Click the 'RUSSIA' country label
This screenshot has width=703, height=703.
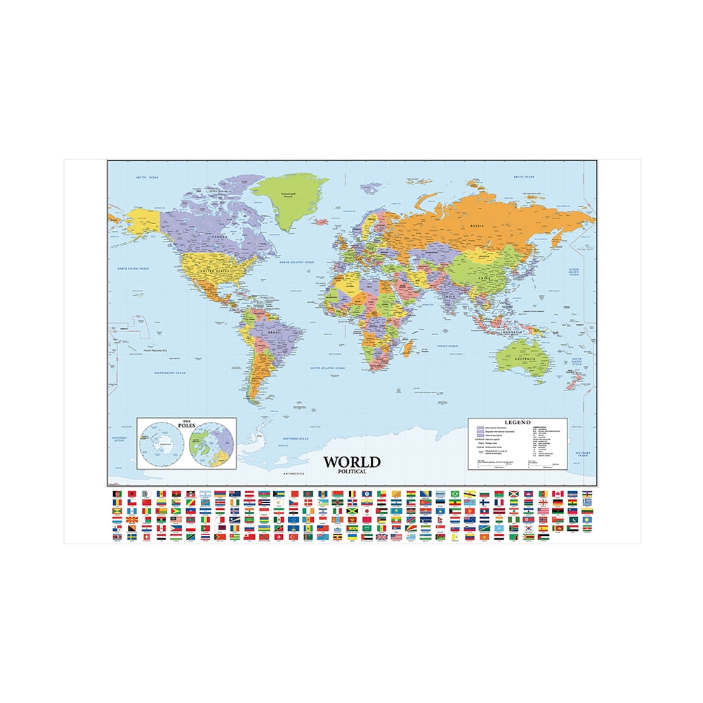tap(478, 225)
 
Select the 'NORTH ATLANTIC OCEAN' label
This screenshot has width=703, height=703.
tap(296, 262)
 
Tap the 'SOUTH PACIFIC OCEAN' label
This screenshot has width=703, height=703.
tap(171, 373)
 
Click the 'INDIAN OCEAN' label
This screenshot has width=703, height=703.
tap(447, 346)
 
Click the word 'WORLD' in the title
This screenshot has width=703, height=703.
tap(352, 462)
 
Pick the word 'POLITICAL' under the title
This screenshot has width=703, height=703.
tap(352, 471)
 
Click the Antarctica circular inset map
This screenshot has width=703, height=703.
tap(162, 445)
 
